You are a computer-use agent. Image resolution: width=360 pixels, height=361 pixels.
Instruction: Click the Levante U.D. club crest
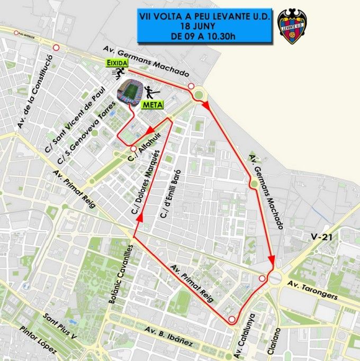(x=294, y=26)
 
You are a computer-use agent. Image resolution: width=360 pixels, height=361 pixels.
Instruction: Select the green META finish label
(x=151, y=104)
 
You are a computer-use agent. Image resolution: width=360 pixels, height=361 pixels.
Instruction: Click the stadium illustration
(x=130, y=91)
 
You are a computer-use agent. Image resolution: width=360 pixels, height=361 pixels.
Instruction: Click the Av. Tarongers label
(x=313, y=291)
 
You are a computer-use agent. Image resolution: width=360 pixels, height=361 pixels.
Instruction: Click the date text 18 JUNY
(x=204, y=26)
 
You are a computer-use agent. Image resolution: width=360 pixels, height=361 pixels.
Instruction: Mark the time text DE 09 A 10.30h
(x=204, y=36)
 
